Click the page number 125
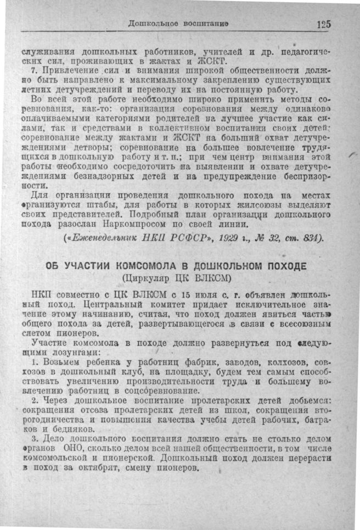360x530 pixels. [x=324, y=24]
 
